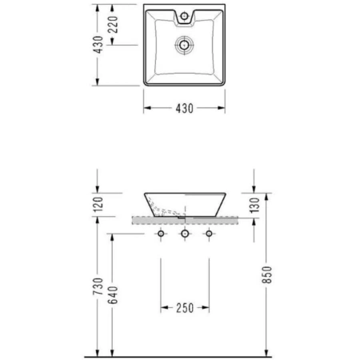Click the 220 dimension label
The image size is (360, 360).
point(113,24)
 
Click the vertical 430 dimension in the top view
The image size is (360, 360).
point(98,45)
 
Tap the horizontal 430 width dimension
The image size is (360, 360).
point(184,108)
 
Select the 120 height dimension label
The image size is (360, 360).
point(98,204)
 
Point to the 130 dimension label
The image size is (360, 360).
point(254,205)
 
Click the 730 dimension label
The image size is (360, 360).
point(98,286)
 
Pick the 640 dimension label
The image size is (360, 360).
point(113,295)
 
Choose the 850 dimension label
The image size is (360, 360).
point(266,274)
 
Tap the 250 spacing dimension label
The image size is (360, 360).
point(185,308)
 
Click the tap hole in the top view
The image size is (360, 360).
point(184,16)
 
